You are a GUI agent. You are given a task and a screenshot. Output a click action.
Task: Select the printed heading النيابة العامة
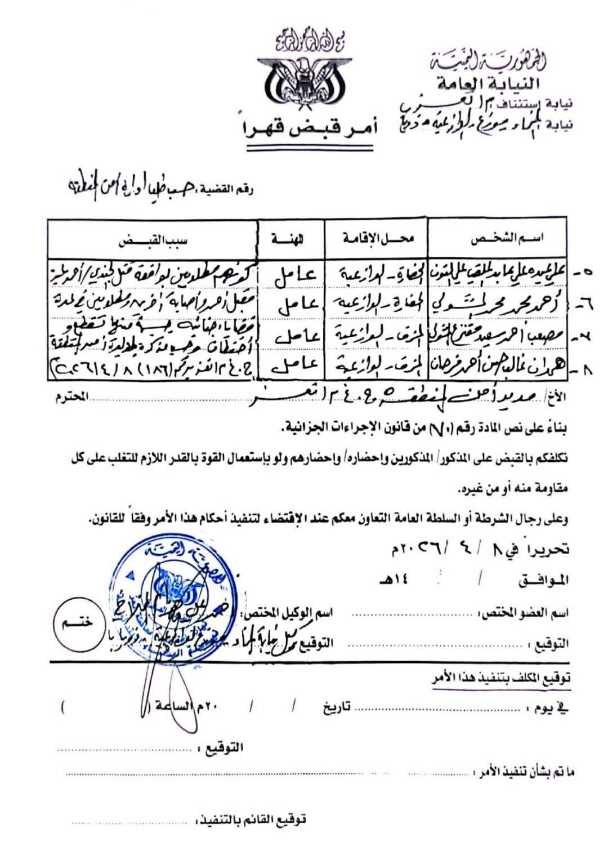pyautogui.click(x=488, y=84)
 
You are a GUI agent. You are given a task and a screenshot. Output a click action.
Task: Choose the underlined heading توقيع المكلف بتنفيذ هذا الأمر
pyautogui.click(x=499, y=679)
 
